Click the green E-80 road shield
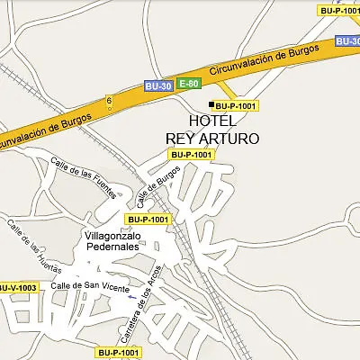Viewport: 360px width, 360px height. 188,84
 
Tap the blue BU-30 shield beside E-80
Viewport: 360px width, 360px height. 157,86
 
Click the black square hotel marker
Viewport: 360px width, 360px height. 211,105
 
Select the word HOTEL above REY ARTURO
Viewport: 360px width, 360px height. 213,121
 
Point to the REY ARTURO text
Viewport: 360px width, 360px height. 212,139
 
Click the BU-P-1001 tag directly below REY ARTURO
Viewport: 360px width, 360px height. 191,155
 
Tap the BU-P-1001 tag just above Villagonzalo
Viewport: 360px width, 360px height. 148,220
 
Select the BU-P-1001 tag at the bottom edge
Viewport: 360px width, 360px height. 119,352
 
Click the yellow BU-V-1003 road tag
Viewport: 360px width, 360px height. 17,288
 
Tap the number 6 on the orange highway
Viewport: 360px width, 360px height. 109,101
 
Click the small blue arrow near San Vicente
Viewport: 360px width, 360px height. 132,296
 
